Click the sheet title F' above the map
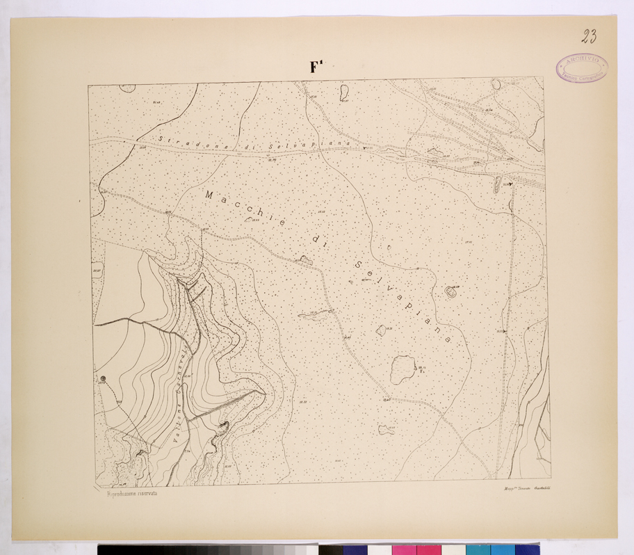point(318,67)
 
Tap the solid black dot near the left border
point(104,378)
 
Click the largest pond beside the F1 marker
point(401,369)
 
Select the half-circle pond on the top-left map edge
point(127,88)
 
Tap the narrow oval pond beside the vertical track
point(497,184)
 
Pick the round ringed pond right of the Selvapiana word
point(450,292)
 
